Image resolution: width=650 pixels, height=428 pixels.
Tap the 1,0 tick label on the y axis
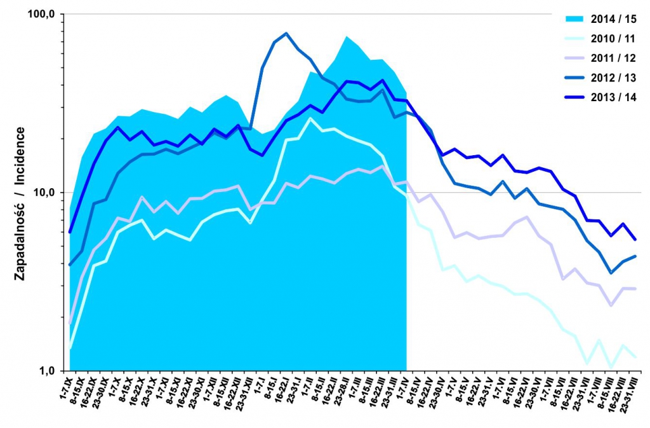point(49,371)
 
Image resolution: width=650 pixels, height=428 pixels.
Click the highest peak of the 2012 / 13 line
point(286,33)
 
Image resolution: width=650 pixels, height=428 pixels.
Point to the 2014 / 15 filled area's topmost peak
point(347,36)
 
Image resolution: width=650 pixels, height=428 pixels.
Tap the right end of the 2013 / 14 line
point(635,240)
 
